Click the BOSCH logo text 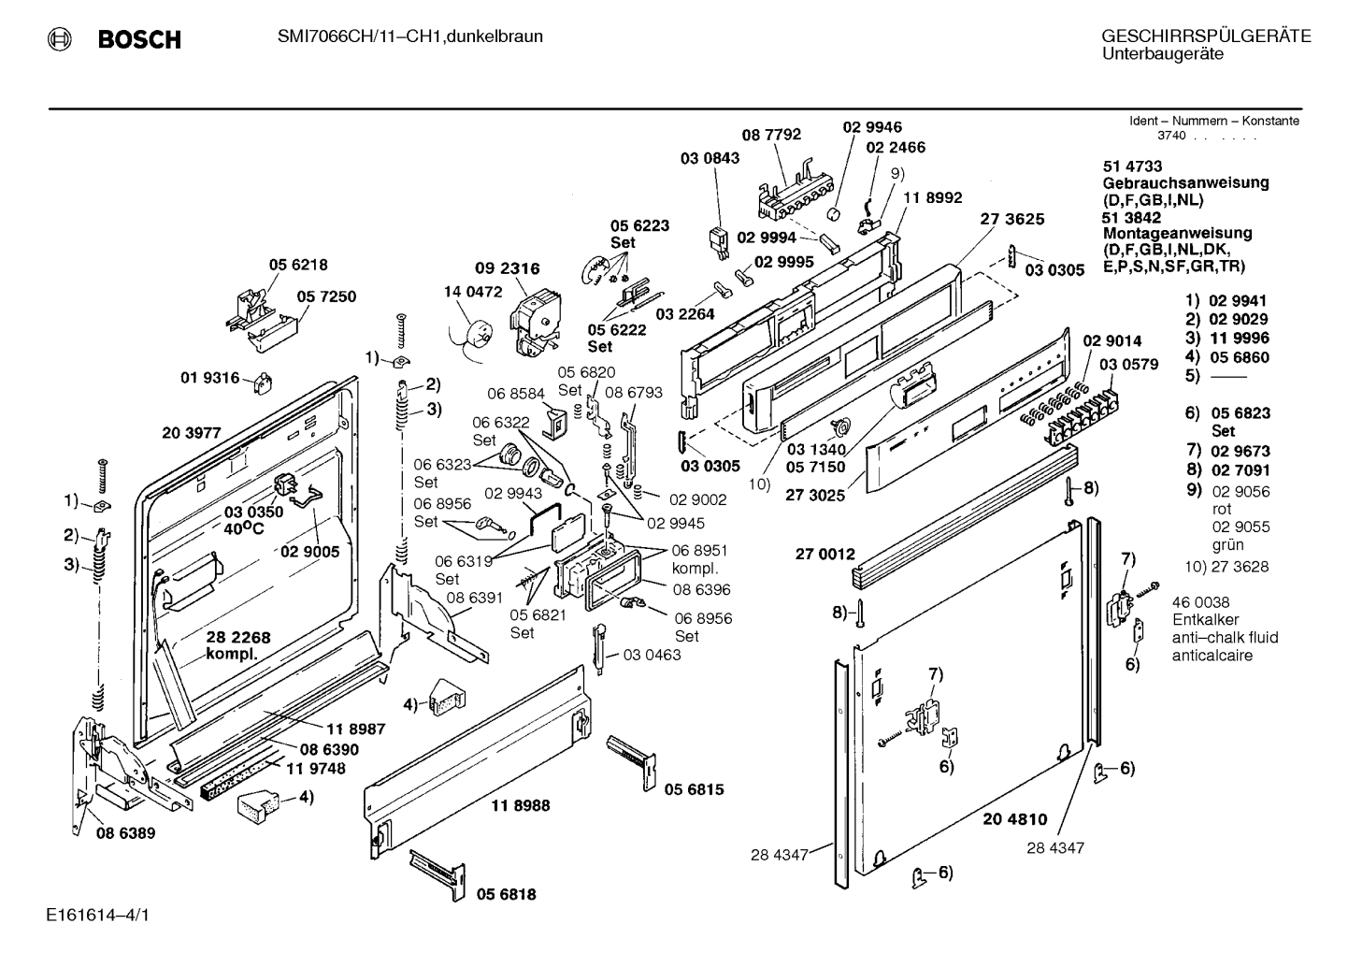pyautogui.click(x=139, y=39)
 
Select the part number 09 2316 pyautogui.click(x=508, y=268)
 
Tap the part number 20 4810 pyautogui.click(x=1015, y=818)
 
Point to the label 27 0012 pyautogui.click(x=825, y=554)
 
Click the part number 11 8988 pyautogui.click(x=521, y=805)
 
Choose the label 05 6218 pyautogui.click(x=298, y=265)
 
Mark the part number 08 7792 pyautogui.click(x=771, y=135)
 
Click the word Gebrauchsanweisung pyautogui.click(x=1185, y=183)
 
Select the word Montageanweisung pyautogui.click(x=1177, y=233)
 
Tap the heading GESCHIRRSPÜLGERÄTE pyautogui.click(x=1206, y=36)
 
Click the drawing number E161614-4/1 pyautogui.click(x=97, y=915)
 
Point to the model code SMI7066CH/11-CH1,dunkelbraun pyautogui.click(x=409, y=36)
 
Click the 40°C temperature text pyautogui.click(x=244, y=528)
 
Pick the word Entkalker pyautogui.click(x=1205, y=619)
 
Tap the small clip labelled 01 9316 pyautogui.click(x=263, y=382)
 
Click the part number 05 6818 pyautogui.click(x=506, y=894)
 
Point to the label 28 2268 pyautogui.click(x=238, y=637)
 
